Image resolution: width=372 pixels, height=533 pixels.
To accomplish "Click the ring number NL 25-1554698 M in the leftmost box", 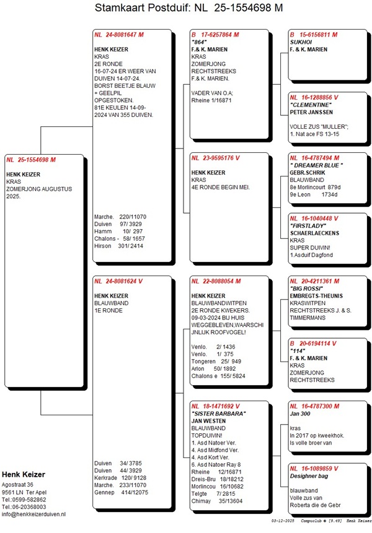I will (x=31, y=160).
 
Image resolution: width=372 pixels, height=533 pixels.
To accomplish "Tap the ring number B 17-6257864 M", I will (x=215, y=34).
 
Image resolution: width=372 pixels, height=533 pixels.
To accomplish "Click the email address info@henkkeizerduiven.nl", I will (x=34, y=514).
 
